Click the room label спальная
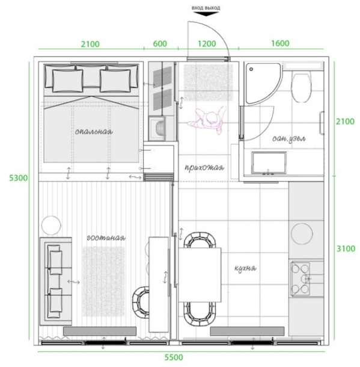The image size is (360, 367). tap(94, 132)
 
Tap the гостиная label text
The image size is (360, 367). tap(106, 238)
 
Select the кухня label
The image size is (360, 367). tap(245, 268)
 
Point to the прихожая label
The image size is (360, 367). tap(204, 168)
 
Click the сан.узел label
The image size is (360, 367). tap(289, 139)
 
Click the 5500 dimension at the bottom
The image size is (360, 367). tap(174, 357)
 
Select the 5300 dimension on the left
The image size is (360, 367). tap(18, 178)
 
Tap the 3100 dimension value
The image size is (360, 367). tap(346, 248)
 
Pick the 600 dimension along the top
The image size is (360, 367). tap(160, 44)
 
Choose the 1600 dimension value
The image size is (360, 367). tap(280, 43)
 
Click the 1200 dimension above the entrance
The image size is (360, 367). tap(207, 44)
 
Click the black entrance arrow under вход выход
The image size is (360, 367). tap(206, 14)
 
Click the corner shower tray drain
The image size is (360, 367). tap(251, 69)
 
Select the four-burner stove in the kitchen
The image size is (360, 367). tap(301, 279)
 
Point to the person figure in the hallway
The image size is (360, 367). tap(207, 121)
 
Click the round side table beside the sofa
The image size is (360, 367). tap(51, 225)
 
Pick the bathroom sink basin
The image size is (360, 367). tap(269, 163)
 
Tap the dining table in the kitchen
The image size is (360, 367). tap(200, 275)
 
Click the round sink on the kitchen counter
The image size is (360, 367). tap(302, 234)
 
